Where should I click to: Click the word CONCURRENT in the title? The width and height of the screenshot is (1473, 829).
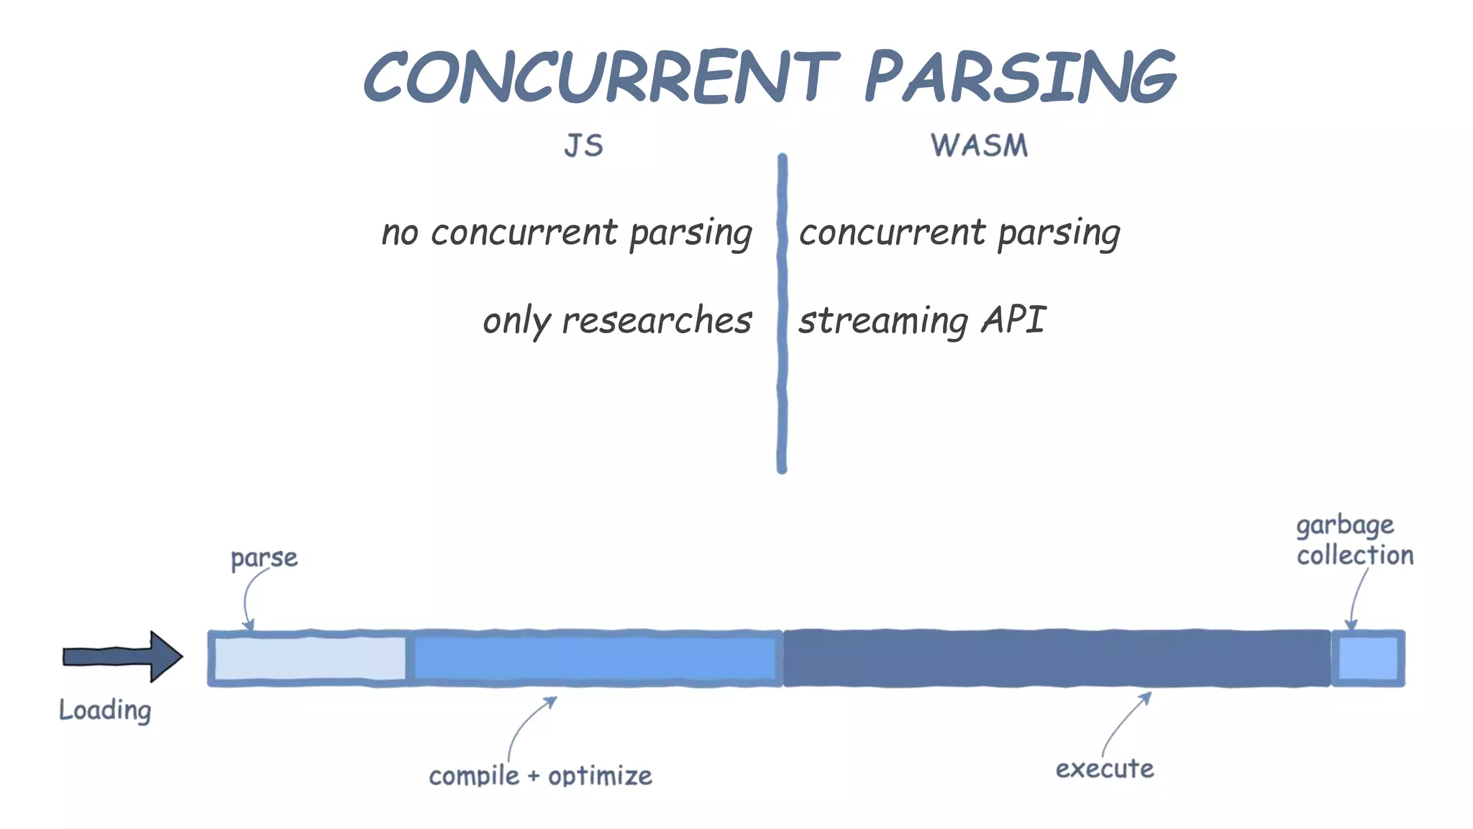click(x=601, y=77)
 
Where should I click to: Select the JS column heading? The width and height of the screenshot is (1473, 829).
click(x=583, y=146)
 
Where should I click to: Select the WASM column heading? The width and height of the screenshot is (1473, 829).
click(x=979, y=146)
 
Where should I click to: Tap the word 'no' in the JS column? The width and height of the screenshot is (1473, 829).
click(x=400, y=233)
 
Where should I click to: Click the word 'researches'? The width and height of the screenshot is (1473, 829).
click(x=656, y=320)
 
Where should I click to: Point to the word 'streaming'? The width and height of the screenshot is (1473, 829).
click(x=884, y=321)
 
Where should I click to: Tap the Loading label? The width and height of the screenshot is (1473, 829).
click(x=105, y=710)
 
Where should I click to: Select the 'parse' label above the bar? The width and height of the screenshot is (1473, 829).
click(x=264, y=558)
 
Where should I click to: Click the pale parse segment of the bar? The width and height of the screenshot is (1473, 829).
click(x=309, y=658)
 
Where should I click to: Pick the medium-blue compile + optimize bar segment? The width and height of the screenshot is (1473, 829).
click(x=594, y=658)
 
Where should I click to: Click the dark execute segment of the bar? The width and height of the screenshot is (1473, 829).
click(x=1056, y=658)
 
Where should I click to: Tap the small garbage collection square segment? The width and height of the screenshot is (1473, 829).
click(x=1367, y=658)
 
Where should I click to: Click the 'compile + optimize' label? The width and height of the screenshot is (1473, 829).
click(x=540, y=776)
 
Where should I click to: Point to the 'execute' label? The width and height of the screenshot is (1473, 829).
click(x=1105, y=769)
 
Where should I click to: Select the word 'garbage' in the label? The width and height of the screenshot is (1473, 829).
click(x=1345, y=525)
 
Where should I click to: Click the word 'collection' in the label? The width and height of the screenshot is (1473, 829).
click(x=1355, y=556)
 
